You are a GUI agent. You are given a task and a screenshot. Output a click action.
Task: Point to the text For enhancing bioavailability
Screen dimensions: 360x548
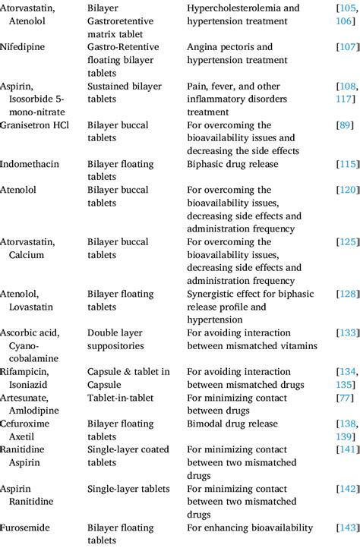(x=250, y=527)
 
